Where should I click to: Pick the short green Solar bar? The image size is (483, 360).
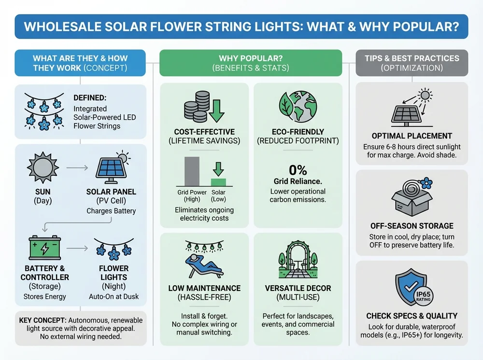[x=218, y=182]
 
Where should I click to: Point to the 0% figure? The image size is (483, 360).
[x=298, y=170]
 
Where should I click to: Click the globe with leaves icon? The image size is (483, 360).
[x=298, y=108]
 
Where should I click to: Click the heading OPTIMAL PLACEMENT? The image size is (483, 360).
[x=412, y=136]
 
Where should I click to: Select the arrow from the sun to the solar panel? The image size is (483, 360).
[x=77, y=168]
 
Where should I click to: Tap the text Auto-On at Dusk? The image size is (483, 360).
[x=114, y=296]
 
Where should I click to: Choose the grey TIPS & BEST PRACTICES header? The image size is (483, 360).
[x=412, y=63]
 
